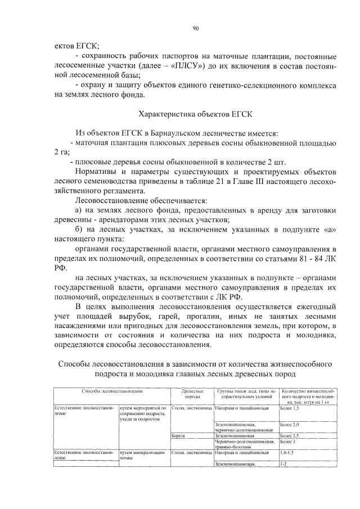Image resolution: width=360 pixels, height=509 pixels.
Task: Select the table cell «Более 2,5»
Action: [x=289, y=436]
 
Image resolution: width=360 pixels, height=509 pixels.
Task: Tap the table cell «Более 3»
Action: [x=287, y=442]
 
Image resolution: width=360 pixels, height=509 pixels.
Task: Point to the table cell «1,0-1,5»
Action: [x=287, y=452]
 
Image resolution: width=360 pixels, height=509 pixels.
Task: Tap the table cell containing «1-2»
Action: [x=284, y=464]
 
